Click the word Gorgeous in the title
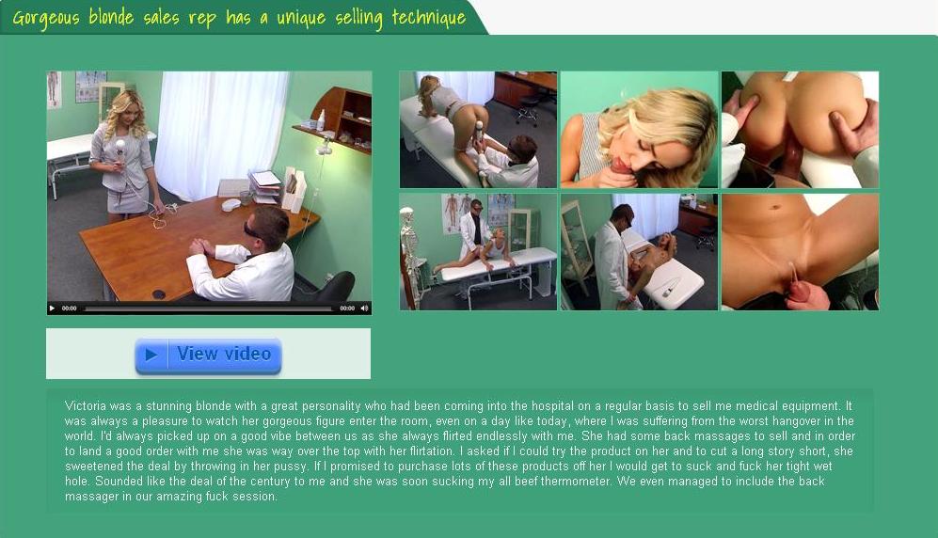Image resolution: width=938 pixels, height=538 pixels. (x=45, y=17)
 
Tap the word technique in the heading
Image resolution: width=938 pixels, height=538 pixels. (x=428, y=17)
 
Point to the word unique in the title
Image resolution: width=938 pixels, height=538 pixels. (x=301, y=17)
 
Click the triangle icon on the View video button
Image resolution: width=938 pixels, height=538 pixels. (x=151, y=355)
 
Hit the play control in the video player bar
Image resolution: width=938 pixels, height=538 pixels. (x=52, y=309)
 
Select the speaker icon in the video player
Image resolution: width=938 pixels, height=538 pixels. (x=364, y=309)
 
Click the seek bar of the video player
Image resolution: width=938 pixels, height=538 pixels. (x=208, y=309)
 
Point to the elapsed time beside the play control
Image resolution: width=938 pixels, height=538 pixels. (x=70, y=309)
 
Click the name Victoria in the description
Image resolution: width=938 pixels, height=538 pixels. (x=84, y=406)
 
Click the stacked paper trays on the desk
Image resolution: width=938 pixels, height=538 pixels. (x=265, y=186)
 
